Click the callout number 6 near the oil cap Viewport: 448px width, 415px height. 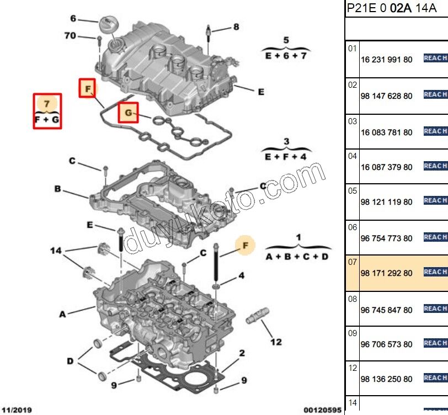pos(72,18)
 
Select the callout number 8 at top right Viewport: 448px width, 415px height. pos(236,26)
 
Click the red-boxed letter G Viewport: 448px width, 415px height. pos(129,114)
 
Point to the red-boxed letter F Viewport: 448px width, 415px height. pos(87,88)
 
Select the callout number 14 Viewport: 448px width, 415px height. pos(56,251)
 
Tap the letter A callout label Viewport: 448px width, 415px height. pos(62,314)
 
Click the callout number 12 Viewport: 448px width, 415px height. pos(276,342)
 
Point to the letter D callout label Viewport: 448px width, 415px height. pos(70,361)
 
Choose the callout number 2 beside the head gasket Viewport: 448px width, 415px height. pos(242,353)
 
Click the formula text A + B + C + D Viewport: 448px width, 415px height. pos(297,257)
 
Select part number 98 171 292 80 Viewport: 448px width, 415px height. pos(386,273)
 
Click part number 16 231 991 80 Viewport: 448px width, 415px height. pos(386,59)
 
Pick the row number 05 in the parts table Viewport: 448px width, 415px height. pos(353,191)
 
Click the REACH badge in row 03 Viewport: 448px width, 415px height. pos(435,131)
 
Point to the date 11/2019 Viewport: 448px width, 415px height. pos(16,410)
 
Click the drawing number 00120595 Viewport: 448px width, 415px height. pos(323,410)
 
